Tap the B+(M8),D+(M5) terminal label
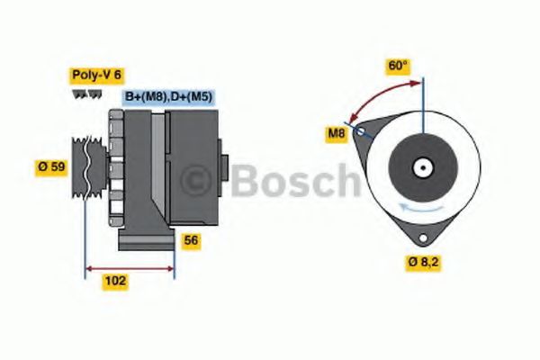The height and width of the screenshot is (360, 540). click(x=168, y=96)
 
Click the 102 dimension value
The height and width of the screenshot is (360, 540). click(x=115, y=281)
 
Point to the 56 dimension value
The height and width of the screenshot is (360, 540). click(x=191, y=240)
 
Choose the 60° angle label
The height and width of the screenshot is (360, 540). click(x=398, y=66)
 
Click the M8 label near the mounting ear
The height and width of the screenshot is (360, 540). click(x=337, y=134)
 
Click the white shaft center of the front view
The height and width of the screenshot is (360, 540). click(x=420, y=167)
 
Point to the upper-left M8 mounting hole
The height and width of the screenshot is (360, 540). click(x=360, y=132)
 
